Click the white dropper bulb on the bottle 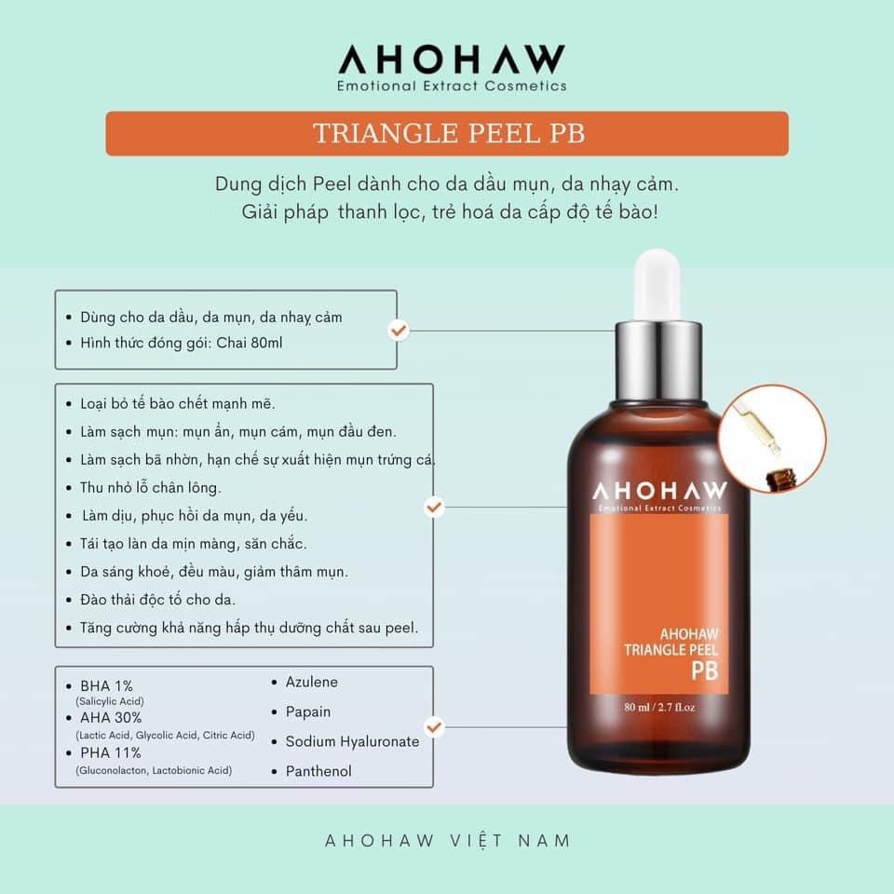[x=657, y=283]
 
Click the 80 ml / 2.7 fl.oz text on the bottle [x=659, y=707]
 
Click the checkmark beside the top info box [x=398, y=330]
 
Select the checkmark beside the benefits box [x=434, y=507]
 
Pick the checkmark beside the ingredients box [x=434, y=726]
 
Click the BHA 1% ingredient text [x=108, y=685]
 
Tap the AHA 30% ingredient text [x=112, y=718]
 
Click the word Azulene [x=312, y=683]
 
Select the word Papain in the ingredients [x=308, y=712]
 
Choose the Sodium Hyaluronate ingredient [x=352, y=742]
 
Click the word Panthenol [x=318, y=772]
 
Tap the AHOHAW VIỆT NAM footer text [x=447, y=840]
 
